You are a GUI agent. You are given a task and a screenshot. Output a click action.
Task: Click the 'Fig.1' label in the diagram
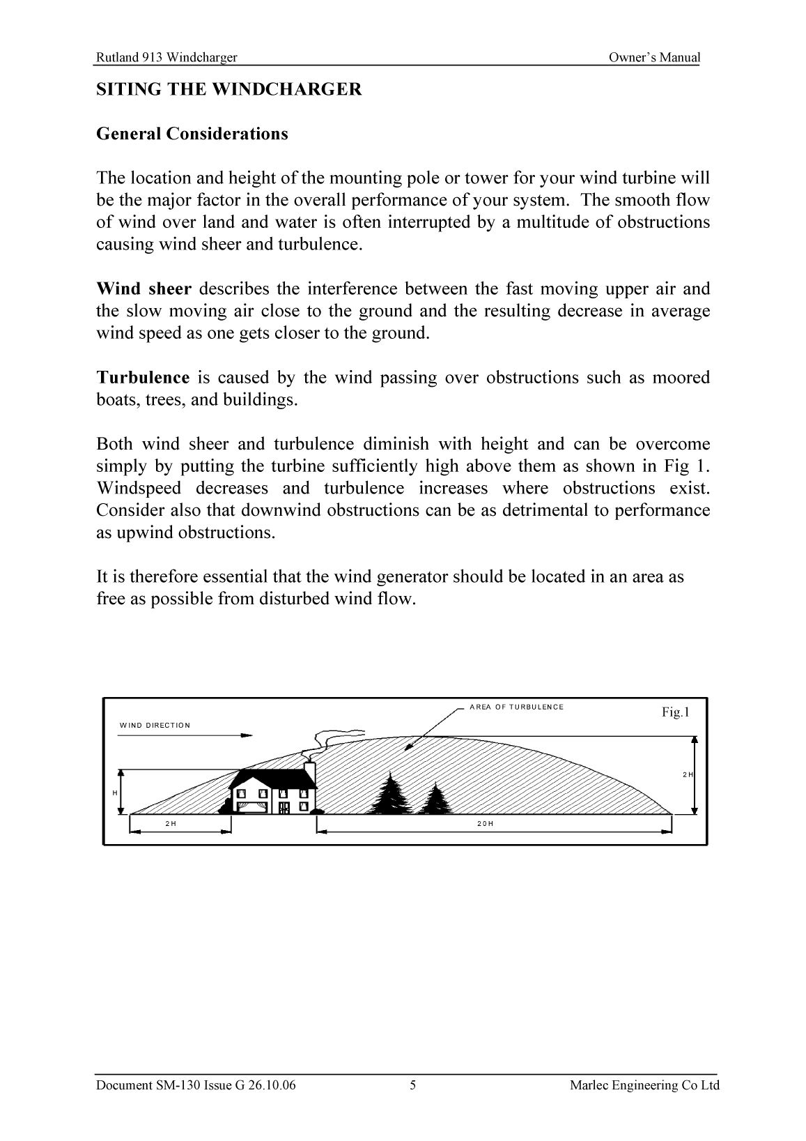[674, 712]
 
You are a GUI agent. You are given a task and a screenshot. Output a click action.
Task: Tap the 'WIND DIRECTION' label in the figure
[155, 726]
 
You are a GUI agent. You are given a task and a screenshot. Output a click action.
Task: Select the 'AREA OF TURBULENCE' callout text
[516, 707]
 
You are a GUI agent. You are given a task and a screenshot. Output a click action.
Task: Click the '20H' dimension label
[486, 824]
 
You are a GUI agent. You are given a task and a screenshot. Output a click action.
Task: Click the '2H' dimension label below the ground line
[171, 824]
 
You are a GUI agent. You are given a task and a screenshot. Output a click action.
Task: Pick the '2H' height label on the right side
[687, 775]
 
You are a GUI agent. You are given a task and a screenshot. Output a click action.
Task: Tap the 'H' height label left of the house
[114, 793]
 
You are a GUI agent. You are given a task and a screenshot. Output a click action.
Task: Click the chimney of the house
[310, 772]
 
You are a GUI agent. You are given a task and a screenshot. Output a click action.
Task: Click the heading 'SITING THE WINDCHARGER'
[228, 89]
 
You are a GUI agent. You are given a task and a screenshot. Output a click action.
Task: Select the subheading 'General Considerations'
[192, 134]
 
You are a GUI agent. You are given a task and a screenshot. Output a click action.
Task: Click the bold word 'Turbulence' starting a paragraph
[142, 378]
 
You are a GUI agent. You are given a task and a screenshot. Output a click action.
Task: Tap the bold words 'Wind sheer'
[144, 289]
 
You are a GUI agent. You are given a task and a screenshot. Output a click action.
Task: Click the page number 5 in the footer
[413, 1085]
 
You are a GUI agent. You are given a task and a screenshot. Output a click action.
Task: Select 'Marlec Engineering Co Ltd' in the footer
[644, 1085]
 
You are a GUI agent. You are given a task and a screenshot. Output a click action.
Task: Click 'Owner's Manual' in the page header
[653, 58]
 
